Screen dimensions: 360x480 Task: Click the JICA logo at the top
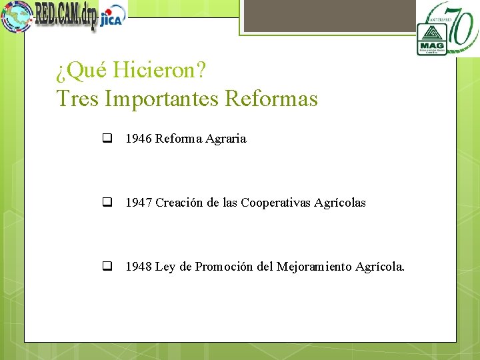coord(112,18)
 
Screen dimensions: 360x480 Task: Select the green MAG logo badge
coord(431,38)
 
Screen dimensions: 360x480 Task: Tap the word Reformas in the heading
coord(271,99)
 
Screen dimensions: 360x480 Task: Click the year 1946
coord(139,139)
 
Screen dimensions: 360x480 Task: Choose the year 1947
coord(139,203)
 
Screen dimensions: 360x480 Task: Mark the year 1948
coord(139,267)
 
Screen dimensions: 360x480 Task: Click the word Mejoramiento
coord(314,267)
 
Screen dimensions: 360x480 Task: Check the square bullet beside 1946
coord(106,139)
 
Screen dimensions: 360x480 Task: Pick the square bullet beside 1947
coord(106,203)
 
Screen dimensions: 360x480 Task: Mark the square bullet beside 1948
coord(106,267)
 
